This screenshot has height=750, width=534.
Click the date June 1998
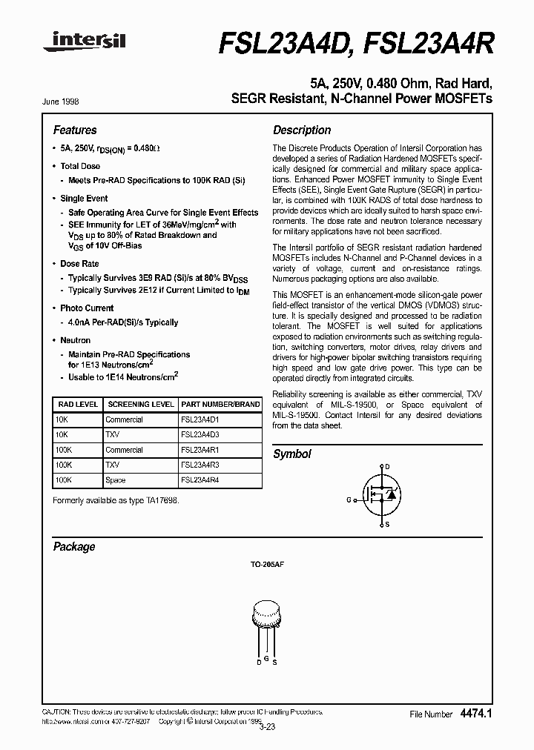65,102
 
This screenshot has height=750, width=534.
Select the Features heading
74,130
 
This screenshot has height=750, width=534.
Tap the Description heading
302,130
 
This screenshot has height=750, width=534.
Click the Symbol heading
292,454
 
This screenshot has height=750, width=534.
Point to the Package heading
74,546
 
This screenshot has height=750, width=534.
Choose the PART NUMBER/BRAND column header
220,405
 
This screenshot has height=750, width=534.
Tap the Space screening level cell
116,480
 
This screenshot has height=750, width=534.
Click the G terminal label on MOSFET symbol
349,500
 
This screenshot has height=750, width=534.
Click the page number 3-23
268,726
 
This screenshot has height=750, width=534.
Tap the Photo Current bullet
87,308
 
